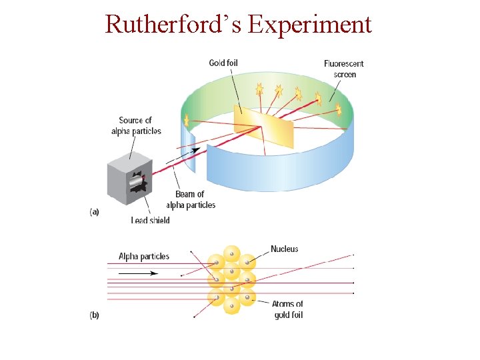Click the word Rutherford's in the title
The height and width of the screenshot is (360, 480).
[x=173, y=24]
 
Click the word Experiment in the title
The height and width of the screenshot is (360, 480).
[x=309, y=24]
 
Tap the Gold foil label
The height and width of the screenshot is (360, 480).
[x=223, y=63]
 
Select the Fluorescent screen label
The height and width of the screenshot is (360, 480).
[x=344, y=69]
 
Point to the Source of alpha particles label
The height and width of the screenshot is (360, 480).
[x=136, y=125]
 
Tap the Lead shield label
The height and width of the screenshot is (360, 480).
[x=151, y=220]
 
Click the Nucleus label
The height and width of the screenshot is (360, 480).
[x=284, y=249]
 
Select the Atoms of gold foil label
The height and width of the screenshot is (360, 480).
[x=287, y=309]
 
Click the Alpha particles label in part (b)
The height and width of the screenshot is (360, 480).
[x=144, y=256]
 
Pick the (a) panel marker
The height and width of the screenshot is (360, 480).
[x=94, y=211]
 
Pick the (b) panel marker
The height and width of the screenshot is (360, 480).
[x=94, y=315]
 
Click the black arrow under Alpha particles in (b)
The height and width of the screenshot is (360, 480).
[x=139, y=273]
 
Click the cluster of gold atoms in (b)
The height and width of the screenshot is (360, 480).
[x=231, y=280]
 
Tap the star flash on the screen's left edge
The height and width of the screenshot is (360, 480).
[x=187, y=121]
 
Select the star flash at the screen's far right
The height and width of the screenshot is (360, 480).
[x=338, y=108]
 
